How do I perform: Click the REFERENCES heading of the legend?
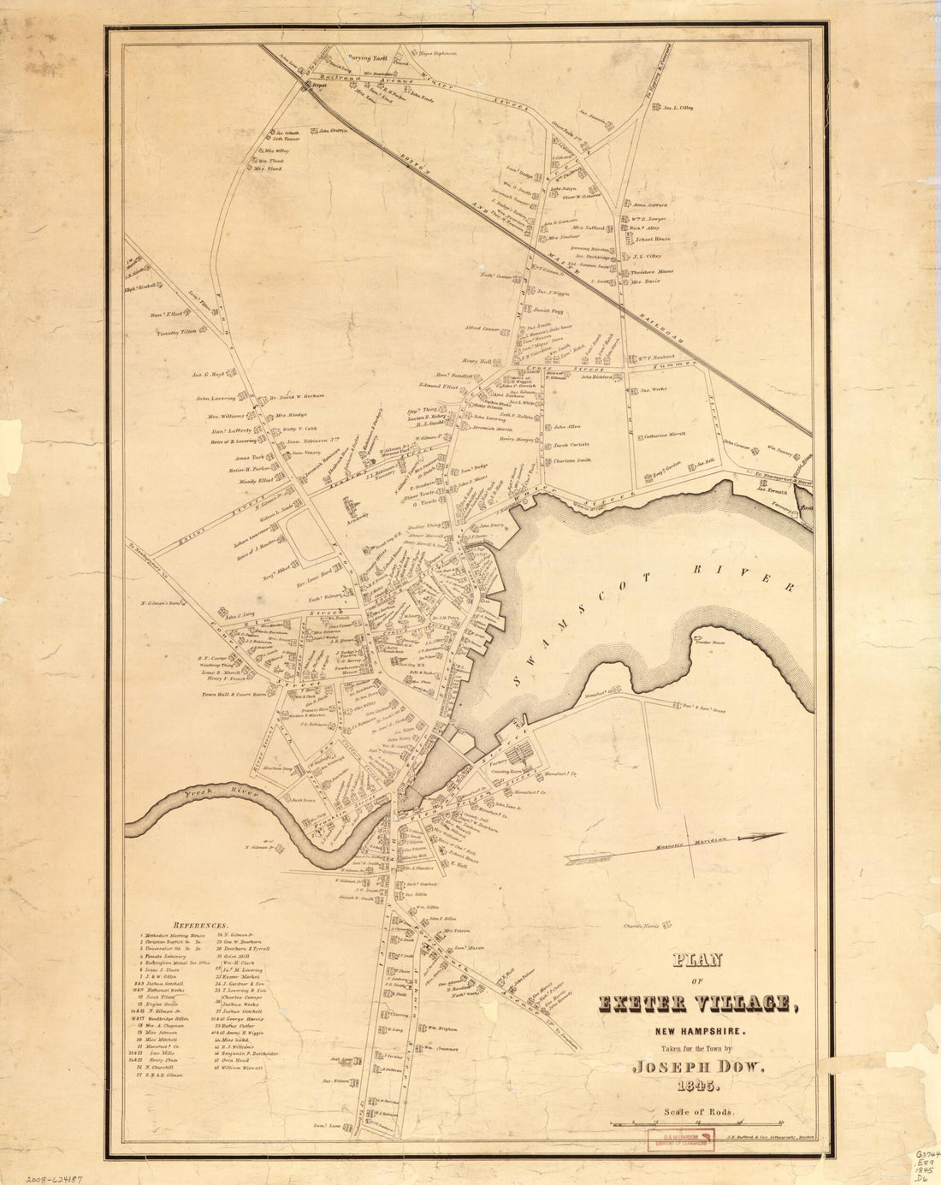(x=201, y=926)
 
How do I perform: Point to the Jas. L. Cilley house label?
(x=677, y=108)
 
